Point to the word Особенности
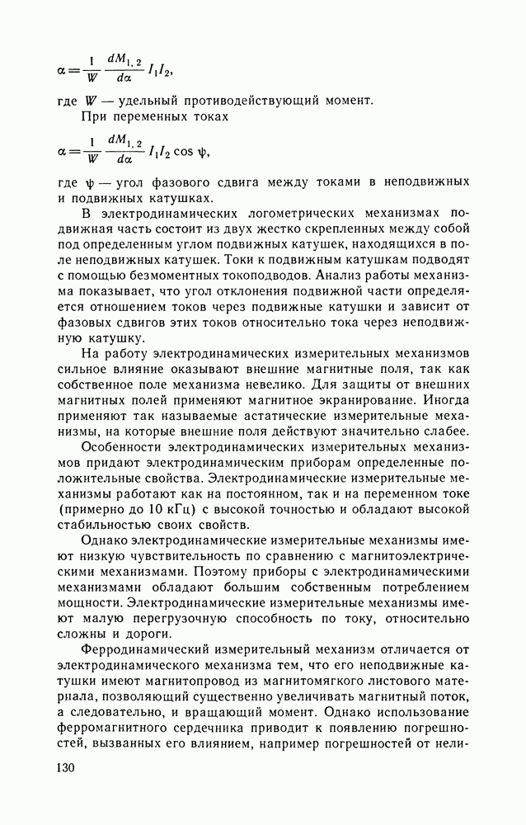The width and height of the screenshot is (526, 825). [x=119, y=446]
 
